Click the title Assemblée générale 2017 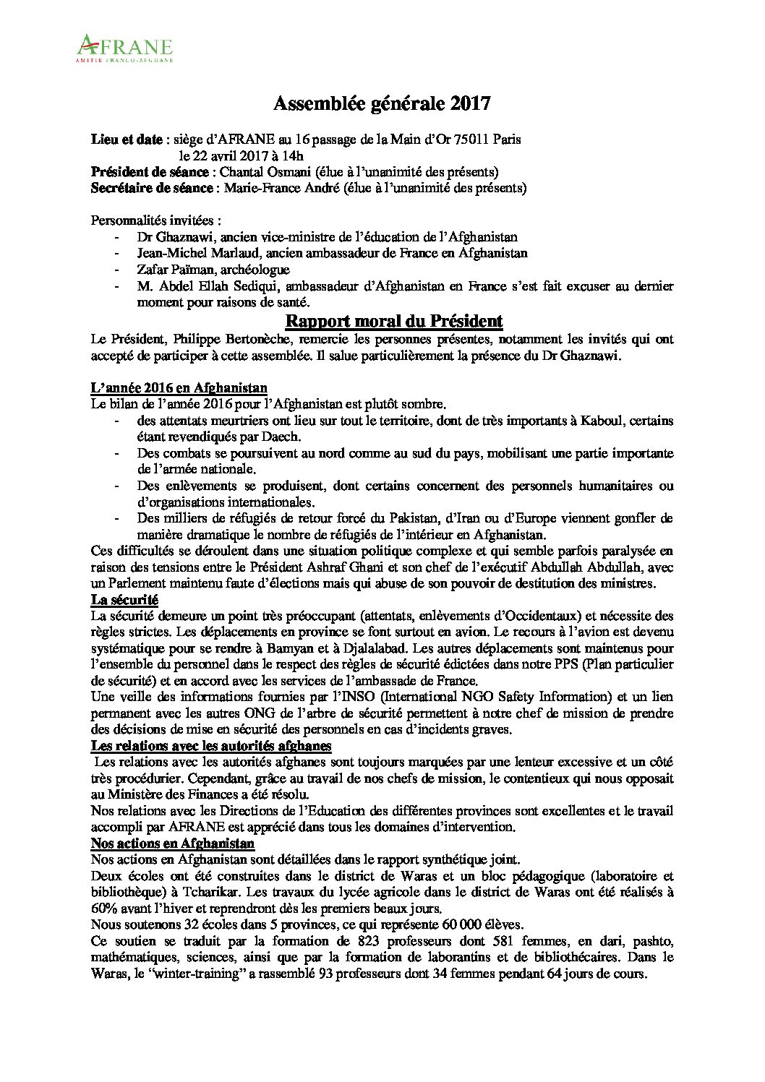382,105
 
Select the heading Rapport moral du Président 394,321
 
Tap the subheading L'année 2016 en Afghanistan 179,388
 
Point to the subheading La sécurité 124,600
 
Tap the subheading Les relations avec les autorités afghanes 211,745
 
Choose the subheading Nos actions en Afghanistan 172,843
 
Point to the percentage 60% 103,909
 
